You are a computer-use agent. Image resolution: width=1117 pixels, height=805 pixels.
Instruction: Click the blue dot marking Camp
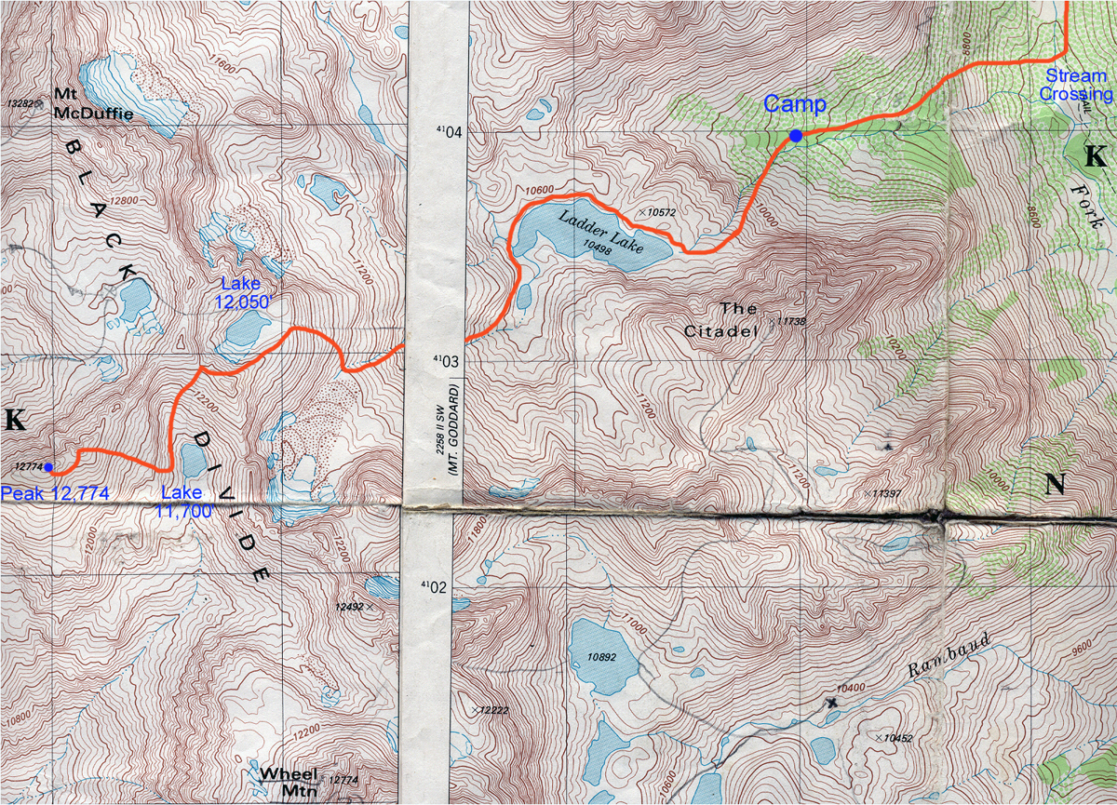pos(796,136)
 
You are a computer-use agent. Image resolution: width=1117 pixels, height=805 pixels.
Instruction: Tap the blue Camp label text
pos(796,104)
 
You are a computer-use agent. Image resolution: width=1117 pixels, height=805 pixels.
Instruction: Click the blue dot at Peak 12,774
pos(48,467)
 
